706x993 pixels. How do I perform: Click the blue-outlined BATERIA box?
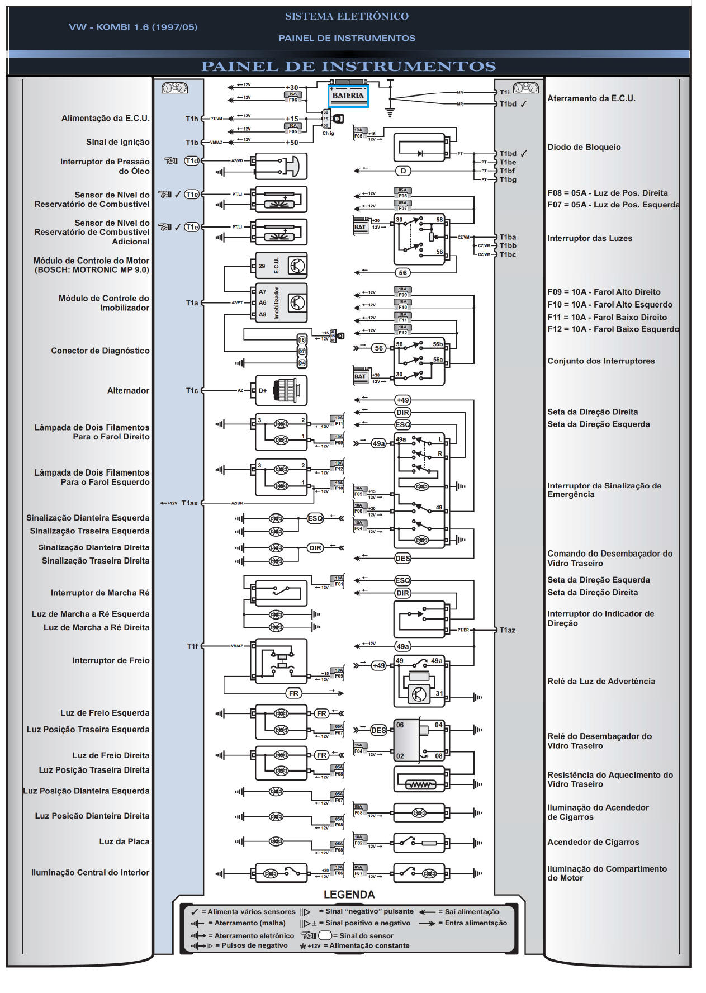click(348, 96)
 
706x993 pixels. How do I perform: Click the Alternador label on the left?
click(128, 390)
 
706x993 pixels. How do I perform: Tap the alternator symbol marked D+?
click(281, 390)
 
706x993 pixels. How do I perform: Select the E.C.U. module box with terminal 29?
click(281, 266)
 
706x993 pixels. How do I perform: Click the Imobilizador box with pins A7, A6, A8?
click(281, 302)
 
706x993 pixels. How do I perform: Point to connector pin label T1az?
click(508, 630)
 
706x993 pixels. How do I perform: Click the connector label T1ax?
click(189, 503)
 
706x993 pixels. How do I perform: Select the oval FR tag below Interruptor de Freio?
click(293, 693)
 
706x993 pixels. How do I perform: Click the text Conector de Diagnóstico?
click(100, 351)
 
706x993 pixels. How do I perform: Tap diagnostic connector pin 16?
click(302, 340)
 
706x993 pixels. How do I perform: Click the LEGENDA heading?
click(349, 895)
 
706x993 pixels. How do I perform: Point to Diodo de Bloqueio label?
click(584, 147)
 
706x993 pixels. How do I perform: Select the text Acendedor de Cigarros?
click(593, 842)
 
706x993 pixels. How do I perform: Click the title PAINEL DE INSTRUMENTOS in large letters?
click(348, 67)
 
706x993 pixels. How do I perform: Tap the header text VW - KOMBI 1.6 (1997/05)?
click(133, 27)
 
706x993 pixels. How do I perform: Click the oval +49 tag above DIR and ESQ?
click(402, 400)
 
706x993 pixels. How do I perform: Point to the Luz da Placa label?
click(124, 841)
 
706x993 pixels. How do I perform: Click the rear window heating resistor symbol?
click(420, 784)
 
